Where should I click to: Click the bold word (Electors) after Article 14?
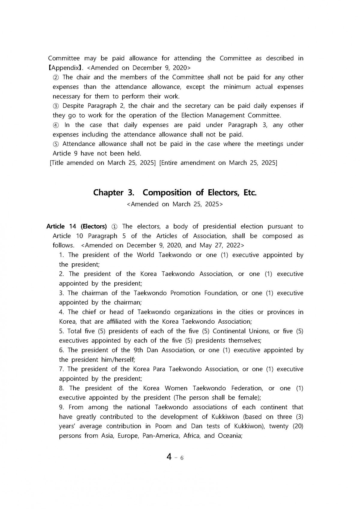94,226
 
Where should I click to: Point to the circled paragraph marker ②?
56,77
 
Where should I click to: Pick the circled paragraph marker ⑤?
56,144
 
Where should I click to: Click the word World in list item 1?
145,255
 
